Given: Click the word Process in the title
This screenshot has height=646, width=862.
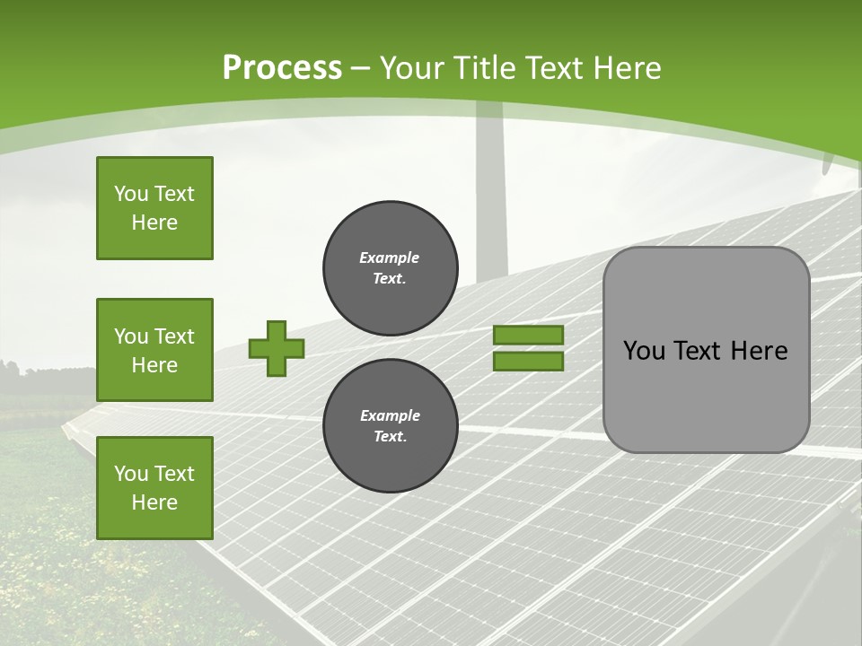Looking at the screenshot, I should [282, 67].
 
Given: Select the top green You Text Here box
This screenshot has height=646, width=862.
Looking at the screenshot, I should [154, 208].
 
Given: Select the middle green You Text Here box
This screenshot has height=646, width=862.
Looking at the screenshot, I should [154, 350].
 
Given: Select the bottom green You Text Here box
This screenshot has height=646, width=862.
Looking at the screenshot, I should [154, 488].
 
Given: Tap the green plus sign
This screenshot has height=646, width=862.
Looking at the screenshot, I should [276, 348].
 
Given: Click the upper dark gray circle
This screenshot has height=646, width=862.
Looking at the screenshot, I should [390, 269].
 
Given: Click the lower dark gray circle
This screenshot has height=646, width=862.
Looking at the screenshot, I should [390, 426].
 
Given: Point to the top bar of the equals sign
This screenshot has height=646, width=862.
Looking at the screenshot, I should [528, 335].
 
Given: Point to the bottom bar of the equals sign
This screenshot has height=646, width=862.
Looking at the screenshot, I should [528, 362].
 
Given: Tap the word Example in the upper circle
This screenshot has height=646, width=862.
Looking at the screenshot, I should [389, 258].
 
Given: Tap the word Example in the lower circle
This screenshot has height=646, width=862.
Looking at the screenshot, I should [390, 415].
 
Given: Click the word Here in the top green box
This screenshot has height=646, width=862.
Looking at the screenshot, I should [154, 223].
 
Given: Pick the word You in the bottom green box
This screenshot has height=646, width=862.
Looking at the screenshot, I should [130, 474].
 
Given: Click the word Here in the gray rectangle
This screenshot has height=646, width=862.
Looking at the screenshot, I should [759, 351].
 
